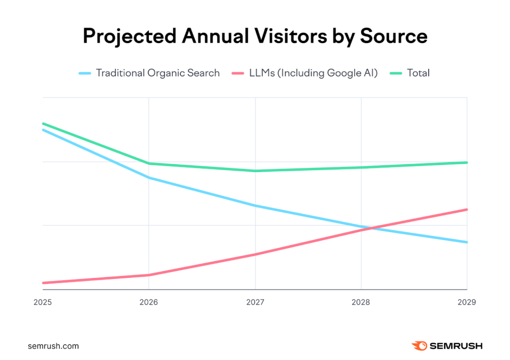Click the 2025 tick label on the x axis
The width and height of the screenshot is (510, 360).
click(42, 302)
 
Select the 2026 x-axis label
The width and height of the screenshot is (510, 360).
click(148, 302)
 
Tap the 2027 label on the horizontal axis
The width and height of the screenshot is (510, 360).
click(255, 302)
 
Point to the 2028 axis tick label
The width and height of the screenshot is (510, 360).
click(361, 302)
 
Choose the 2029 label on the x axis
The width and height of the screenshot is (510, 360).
click(467, 302)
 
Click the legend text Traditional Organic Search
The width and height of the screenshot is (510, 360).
click(157, 73)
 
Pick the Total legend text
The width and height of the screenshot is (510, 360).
click(418, 73)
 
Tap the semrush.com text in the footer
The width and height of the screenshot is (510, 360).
click(54, 346)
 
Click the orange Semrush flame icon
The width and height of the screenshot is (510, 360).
click(419, 345)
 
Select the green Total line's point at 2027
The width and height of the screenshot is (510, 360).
click(255, 171)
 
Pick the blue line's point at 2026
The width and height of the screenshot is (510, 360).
click(148, 177)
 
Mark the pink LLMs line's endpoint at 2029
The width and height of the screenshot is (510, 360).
click(467, 209)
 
